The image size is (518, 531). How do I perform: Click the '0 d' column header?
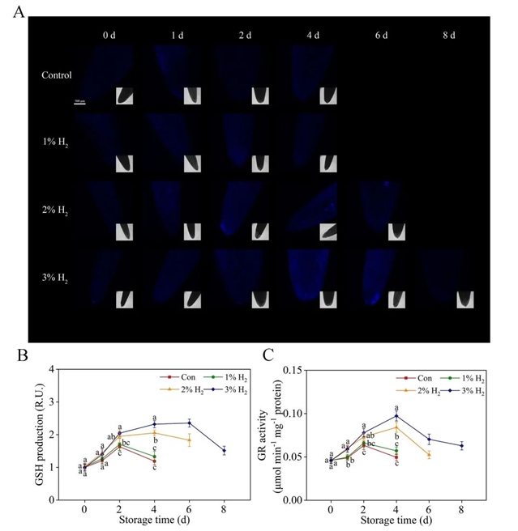[110, 36]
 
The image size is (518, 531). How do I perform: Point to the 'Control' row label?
[57, 75]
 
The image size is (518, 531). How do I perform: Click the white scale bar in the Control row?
[79, 101]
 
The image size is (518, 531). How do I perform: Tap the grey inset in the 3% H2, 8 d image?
[463, 299]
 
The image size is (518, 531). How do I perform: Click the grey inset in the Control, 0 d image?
[126, 96]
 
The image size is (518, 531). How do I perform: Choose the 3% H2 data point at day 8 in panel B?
[224, 451]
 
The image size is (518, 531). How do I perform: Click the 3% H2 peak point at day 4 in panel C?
[396, 416]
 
